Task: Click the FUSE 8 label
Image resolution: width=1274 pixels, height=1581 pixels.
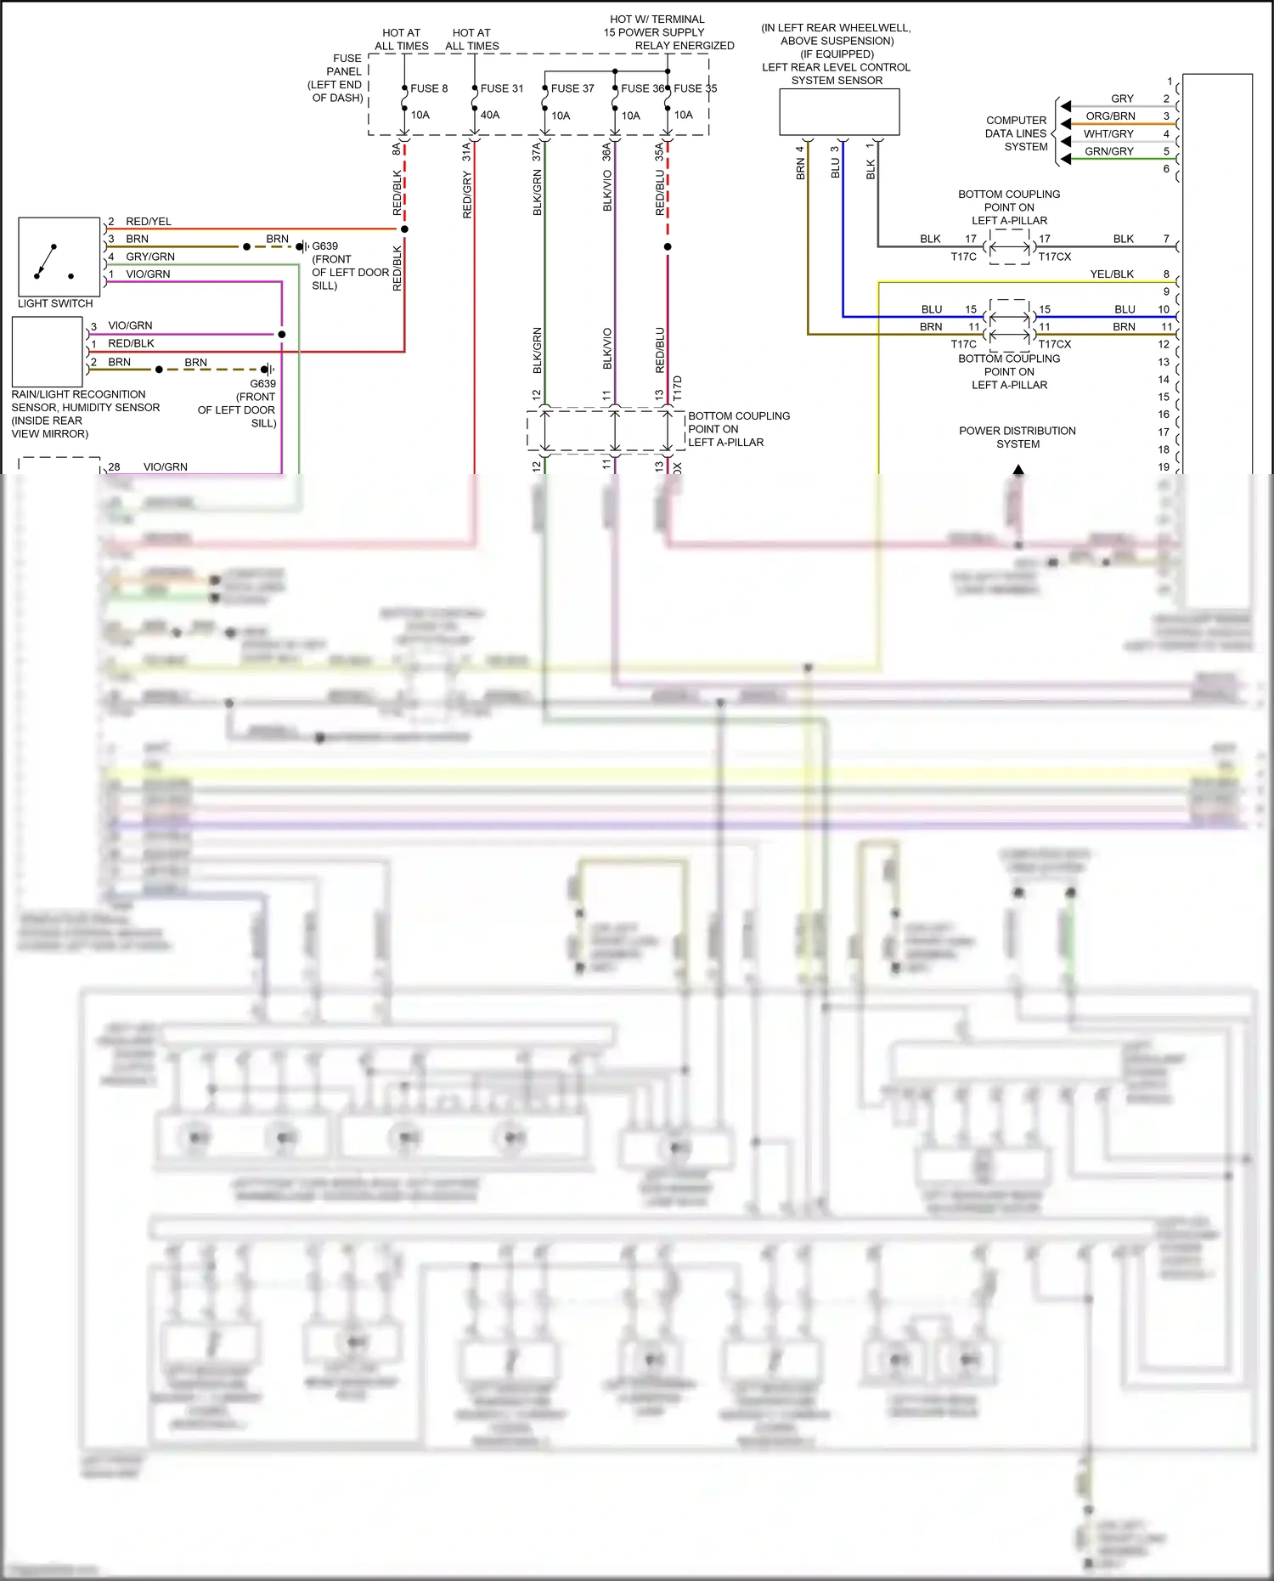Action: click(429, 88)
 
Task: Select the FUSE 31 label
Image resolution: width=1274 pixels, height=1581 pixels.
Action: click(502, 88)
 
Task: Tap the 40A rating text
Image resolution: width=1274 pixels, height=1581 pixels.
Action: click(490, 115)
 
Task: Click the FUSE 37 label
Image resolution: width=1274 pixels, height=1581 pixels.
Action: click(572, 88)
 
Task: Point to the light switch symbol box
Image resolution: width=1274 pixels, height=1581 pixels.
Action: click(59, 256)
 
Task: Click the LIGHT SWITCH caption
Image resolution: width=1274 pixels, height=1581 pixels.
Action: click(55, 303)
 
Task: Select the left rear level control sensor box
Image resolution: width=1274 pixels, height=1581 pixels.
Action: click(839, 112)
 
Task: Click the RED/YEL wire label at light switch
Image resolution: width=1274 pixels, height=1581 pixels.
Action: click(149, 221)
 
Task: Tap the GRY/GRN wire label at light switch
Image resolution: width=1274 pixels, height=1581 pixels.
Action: click(150, 257)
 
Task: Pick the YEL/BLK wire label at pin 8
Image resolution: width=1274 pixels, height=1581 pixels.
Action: click(1112, 274)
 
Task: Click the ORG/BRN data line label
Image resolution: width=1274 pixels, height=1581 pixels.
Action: click(1110, 116)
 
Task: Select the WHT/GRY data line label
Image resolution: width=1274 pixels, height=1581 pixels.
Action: click(1108, 134)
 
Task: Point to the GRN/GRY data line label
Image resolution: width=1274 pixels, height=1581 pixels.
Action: click(1108, 151)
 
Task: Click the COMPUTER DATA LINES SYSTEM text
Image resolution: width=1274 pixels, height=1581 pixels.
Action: click(1016, 133)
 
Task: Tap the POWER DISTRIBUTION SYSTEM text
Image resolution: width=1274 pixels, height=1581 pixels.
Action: click(1018, 438)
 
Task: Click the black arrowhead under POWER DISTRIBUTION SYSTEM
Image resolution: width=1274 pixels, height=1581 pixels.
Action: click(1018, 469)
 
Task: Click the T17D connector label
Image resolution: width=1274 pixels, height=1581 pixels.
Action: click(678, 387)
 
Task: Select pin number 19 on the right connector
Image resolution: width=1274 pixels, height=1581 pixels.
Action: click(1164, 466)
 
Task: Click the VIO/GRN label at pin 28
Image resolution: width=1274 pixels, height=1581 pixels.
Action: click(166, 466)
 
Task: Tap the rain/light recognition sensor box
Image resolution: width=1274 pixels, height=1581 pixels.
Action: click(48, 352)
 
